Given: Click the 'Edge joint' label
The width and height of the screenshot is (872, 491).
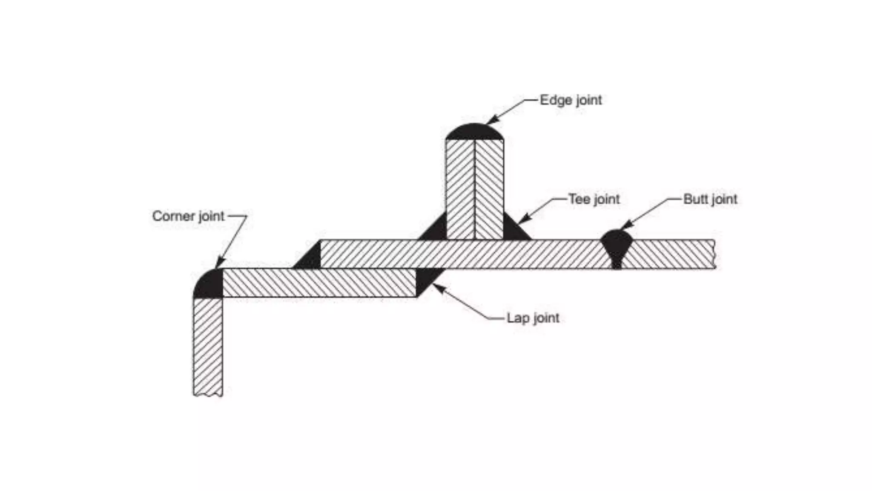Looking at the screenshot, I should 571,100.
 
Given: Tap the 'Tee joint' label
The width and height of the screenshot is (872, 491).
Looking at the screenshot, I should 594,199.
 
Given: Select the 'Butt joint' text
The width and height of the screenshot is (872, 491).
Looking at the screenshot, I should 710,199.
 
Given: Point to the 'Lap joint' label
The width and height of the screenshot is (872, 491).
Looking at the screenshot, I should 533,318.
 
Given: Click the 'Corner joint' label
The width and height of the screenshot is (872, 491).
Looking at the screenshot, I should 188,216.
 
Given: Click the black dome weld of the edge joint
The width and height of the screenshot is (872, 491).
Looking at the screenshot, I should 474,133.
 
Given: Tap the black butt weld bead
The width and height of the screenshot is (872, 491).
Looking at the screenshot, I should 616,245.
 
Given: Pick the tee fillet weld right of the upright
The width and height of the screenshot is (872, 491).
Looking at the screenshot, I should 513,231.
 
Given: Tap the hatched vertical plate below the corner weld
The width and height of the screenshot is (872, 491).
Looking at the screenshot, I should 208,345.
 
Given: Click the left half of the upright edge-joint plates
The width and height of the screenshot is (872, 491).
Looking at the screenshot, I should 460,190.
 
